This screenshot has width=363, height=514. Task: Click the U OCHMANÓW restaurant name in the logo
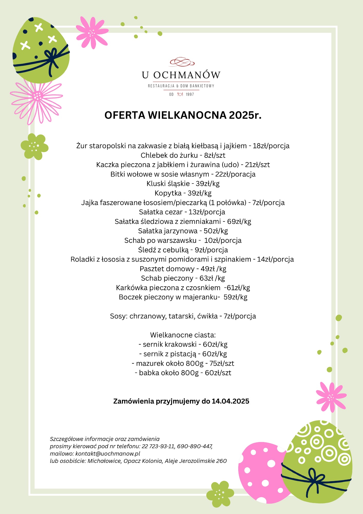[x=181, y=75]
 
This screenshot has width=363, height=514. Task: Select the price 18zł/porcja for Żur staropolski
[x=271, y=146]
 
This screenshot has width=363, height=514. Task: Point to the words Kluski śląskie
[x=168, y=184]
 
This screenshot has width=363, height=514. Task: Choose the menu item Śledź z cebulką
[x=163, y=250]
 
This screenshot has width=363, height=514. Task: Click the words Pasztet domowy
[x=167, y=269]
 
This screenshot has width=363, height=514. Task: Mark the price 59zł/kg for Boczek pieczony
[x=235, y=297]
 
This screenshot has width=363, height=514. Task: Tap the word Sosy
[x=118, y=316]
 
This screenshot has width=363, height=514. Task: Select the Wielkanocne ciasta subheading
[x=183, y=335]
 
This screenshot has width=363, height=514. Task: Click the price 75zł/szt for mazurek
[x=222, y=363]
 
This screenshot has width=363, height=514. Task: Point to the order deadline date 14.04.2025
[x=230, y=401]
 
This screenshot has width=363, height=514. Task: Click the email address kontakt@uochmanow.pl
[x=108, y=454]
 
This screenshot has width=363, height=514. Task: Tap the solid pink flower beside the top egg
[x=92, y=32]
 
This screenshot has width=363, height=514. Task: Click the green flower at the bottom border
[x=220, y=494]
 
